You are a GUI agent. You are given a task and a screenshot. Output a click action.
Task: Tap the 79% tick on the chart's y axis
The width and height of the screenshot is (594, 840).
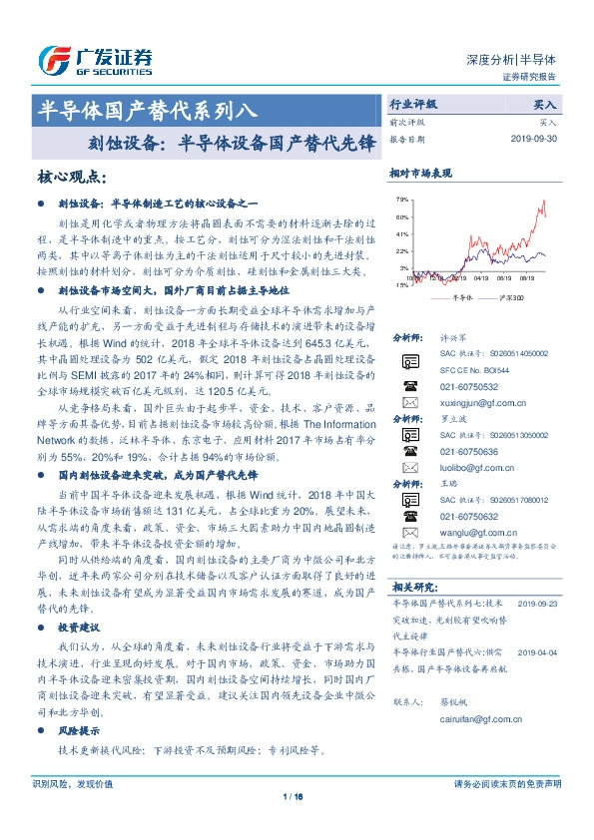click(402, 200)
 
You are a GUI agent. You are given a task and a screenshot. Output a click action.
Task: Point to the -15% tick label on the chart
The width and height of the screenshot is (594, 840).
click(401, 285)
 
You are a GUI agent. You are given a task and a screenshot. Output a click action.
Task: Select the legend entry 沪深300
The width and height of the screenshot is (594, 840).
click(498, 297)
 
